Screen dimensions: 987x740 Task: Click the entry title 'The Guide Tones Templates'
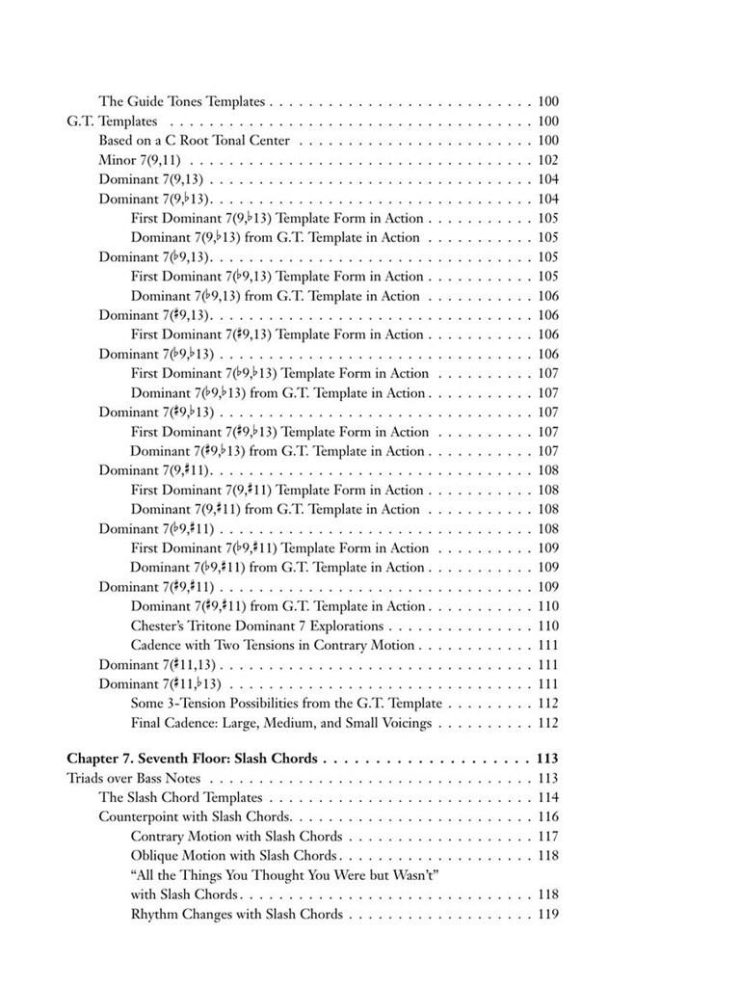tap(181, 101)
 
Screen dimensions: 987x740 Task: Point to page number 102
tap(547, 160)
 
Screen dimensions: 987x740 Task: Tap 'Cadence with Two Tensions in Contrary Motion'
tap(272, 645)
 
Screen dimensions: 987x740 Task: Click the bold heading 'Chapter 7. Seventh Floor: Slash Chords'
tap(192, 759)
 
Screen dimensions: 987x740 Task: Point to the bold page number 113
tap(547, 759)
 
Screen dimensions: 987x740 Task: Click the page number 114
tap(547, 798)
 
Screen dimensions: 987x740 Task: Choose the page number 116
tap(547, 817)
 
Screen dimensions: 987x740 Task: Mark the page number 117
tap(547, 837)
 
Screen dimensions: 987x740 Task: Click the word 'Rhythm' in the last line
tap(155, 914)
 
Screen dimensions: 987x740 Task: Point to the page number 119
tap(547, 914)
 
